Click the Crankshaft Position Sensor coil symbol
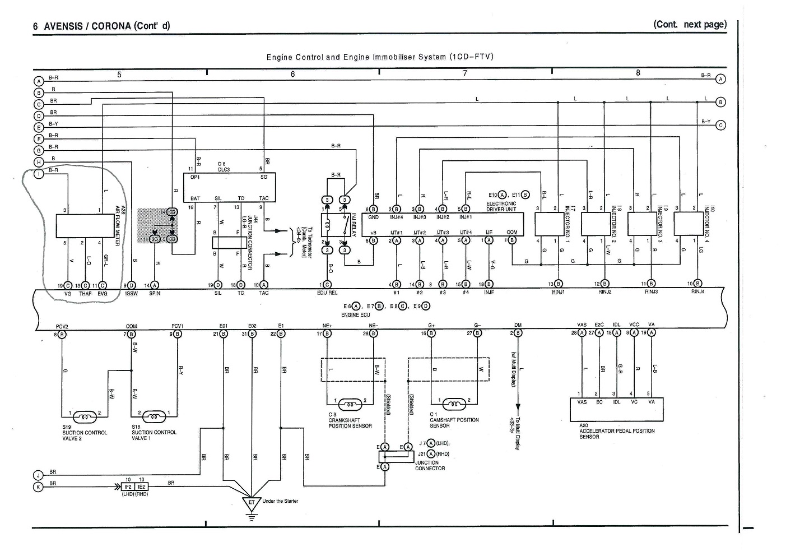tap(351, 402)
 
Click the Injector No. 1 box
tap(550, 224)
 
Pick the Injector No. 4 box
tap(688, 224)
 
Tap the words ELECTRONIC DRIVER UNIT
tap(501, 206)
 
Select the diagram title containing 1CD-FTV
tap(379, 57)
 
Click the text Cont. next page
tap(690, 25)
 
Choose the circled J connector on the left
tap(39, 475)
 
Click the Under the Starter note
tap(280, 501)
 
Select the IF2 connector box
tap(128, 486)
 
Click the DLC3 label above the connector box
tap(224, 169)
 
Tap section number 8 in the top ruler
tap(638, 73)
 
